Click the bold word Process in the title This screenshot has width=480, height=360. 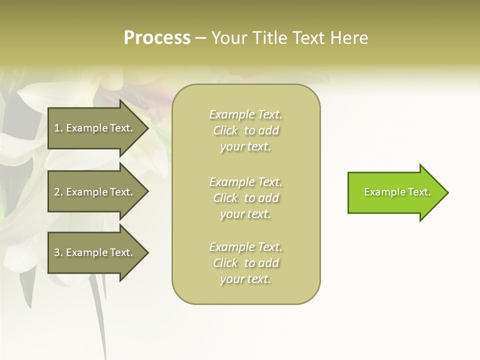point(157,38)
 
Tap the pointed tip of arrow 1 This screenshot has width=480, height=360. point(147,128)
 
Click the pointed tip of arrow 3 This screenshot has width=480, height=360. point(147,252)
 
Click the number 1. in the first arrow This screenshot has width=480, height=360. point(58,128)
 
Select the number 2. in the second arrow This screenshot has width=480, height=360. point(58,192)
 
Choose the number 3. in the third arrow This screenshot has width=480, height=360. point(58,252)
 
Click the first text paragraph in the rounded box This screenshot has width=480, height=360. point(245,130)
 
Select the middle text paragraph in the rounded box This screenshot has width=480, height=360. point(245,197)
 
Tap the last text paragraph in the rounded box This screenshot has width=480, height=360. point(245,263)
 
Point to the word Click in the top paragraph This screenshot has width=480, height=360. point(225,130)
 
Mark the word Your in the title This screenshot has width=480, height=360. point(229,38)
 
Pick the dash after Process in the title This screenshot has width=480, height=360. point(200,38)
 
